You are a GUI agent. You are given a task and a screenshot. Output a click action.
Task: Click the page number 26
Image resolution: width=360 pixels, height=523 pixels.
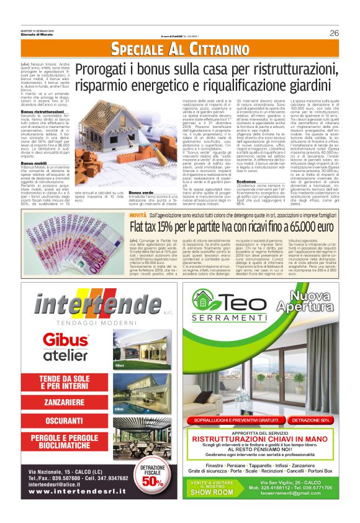334,33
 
